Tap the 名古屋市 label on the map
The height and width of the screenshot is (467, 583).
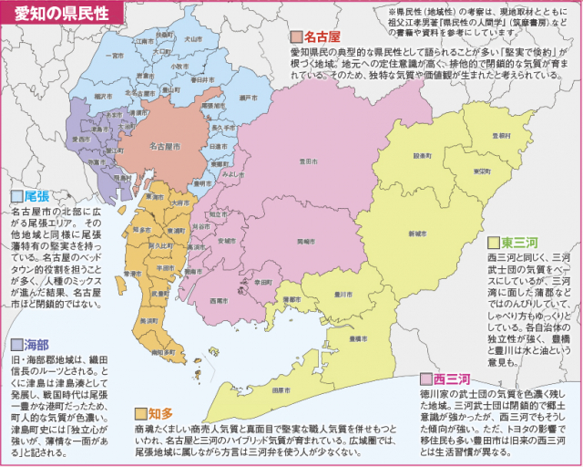165,146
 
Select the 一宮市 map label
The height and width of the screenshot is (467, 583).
115,55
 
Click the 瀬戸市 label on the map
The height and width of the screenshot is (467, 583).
245,97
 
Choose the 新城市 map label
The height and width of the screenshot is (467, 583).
417,233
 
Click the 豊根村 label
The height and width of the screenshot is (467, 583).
499,136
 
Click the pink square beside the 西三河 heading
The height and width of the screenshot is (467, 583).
424,378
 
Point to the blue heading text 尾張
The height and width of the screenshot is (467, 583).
36,196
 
